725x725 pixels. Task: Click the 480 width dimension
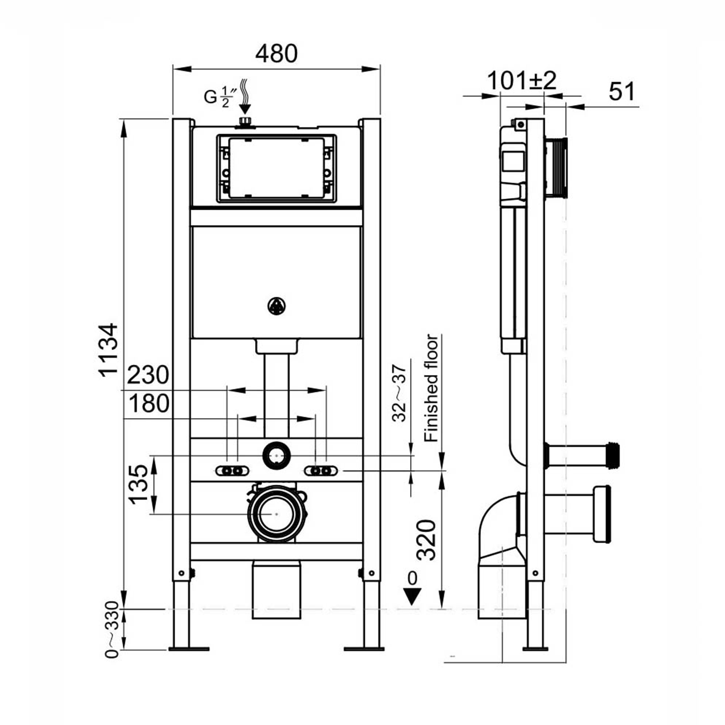click(276, 54)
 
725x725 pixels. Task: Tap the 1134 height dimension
click(109, 349)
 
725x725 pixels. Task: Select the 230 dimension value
click(148, 375)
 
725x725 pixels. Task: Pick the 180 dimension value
click(149, 404)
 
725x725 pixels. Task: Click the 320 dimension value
click(426, 539)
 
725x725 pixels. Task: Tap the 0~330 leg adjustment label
click(112, 629)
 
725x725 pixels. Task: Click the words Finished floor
click(431, 388)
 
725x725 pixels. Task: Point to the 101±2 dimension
click(522, 81)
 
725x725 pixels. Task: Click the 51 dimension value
click(622, 91)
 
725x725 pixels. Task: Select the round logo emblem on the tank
click(276, 305)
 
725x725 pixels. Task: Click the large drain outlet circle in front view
click(276, 514)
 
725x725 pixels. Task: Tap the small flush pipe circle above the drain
click(276, 455)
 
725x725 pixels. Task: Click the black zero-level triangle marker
click(412, 596)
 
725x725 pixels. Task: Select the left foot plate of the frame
click(189, 648)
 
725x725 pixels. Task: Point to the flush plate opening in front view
click(276, 168)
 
